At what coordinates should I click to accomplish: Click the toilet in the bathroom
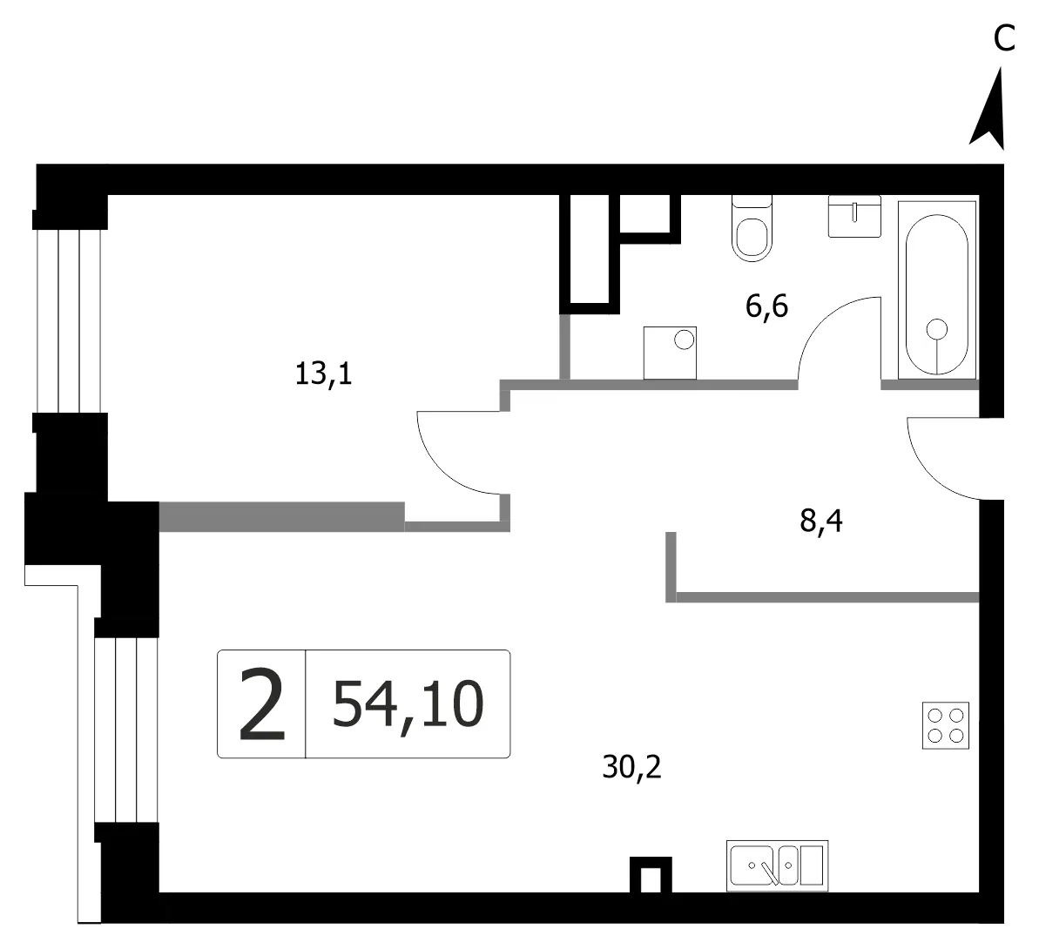(752, 228)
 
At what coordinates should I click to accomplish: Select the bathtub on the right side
(937, 290)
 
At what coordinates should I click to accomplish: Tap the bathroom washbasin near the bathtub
(854, 216)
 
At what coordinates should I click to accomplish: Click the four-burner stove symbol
(946, 725)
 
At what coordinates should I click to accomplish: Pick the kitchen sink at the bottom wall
(777, 865)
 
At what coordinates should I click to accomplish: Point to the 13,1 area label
(323, 375)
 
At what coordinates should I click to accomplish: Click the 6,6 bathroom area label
(766, 306)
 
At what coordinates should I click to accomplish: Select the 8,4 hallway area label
(821, 522)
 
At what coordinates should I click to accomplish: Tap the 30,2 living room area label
(631, 767)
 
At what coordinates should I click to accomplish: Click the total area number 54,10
(408, 704)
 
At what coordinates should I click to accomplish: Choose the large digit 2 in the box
(262, 704)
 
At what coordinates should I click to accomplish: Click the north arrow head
(989, 110)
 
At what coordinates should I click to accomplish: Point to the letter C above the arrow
(1004, 37)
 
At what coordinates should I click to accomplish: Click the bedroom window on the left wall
(69, 321)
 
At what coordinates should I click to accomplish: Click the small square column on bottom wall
(651, 875)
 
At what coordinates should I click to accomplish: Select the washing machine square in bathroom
(670, 353)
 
